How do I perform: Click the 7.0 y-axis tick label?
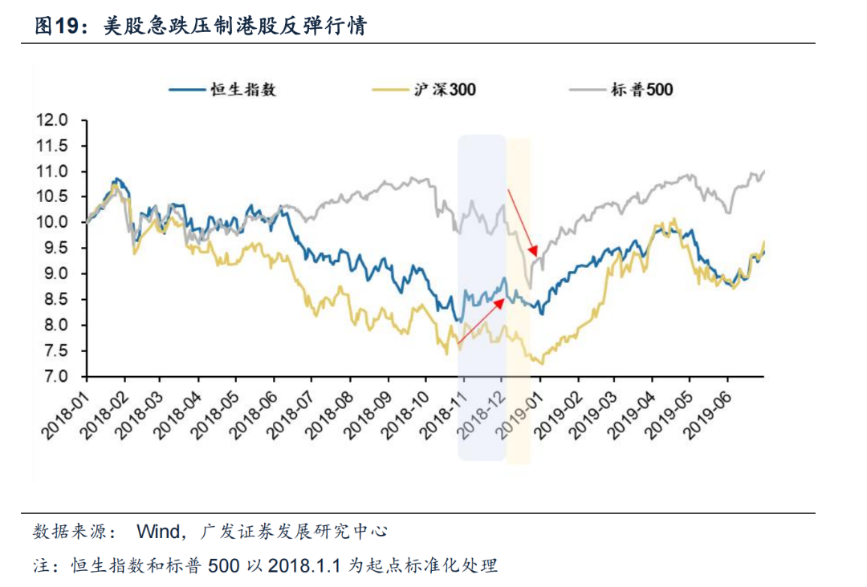pos(59,377)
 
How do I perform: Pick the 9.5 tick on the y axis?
pos(59,249)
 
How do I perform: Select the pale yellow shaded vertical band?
pos(519,301)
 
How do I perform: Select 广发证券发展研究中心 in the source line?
pos(295,531)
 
